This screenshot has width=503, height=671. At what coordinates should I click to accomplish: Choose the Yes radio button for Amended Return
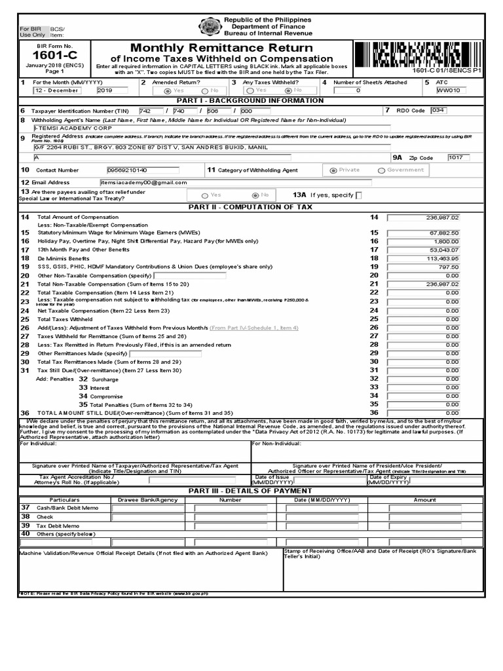168,91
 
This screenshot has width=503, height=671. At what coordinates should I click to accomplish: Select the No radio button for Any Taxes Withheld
289,91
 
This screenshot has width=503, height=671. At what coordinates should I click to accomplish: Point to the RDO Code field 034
438,110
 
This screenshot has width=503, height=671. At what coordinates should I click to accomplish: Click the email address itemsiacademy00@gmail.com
145,182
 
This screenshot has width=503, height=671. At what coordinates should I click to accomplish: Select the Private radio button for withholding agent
334,170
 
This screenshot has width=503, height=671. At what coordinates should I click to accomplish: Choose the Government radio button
381,170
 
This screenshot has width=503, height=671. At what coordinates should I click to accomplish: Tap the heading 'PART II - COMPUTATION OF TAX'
251,207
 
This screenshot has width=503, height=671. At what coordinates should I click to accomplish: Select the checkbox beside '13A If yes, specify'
357,195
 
